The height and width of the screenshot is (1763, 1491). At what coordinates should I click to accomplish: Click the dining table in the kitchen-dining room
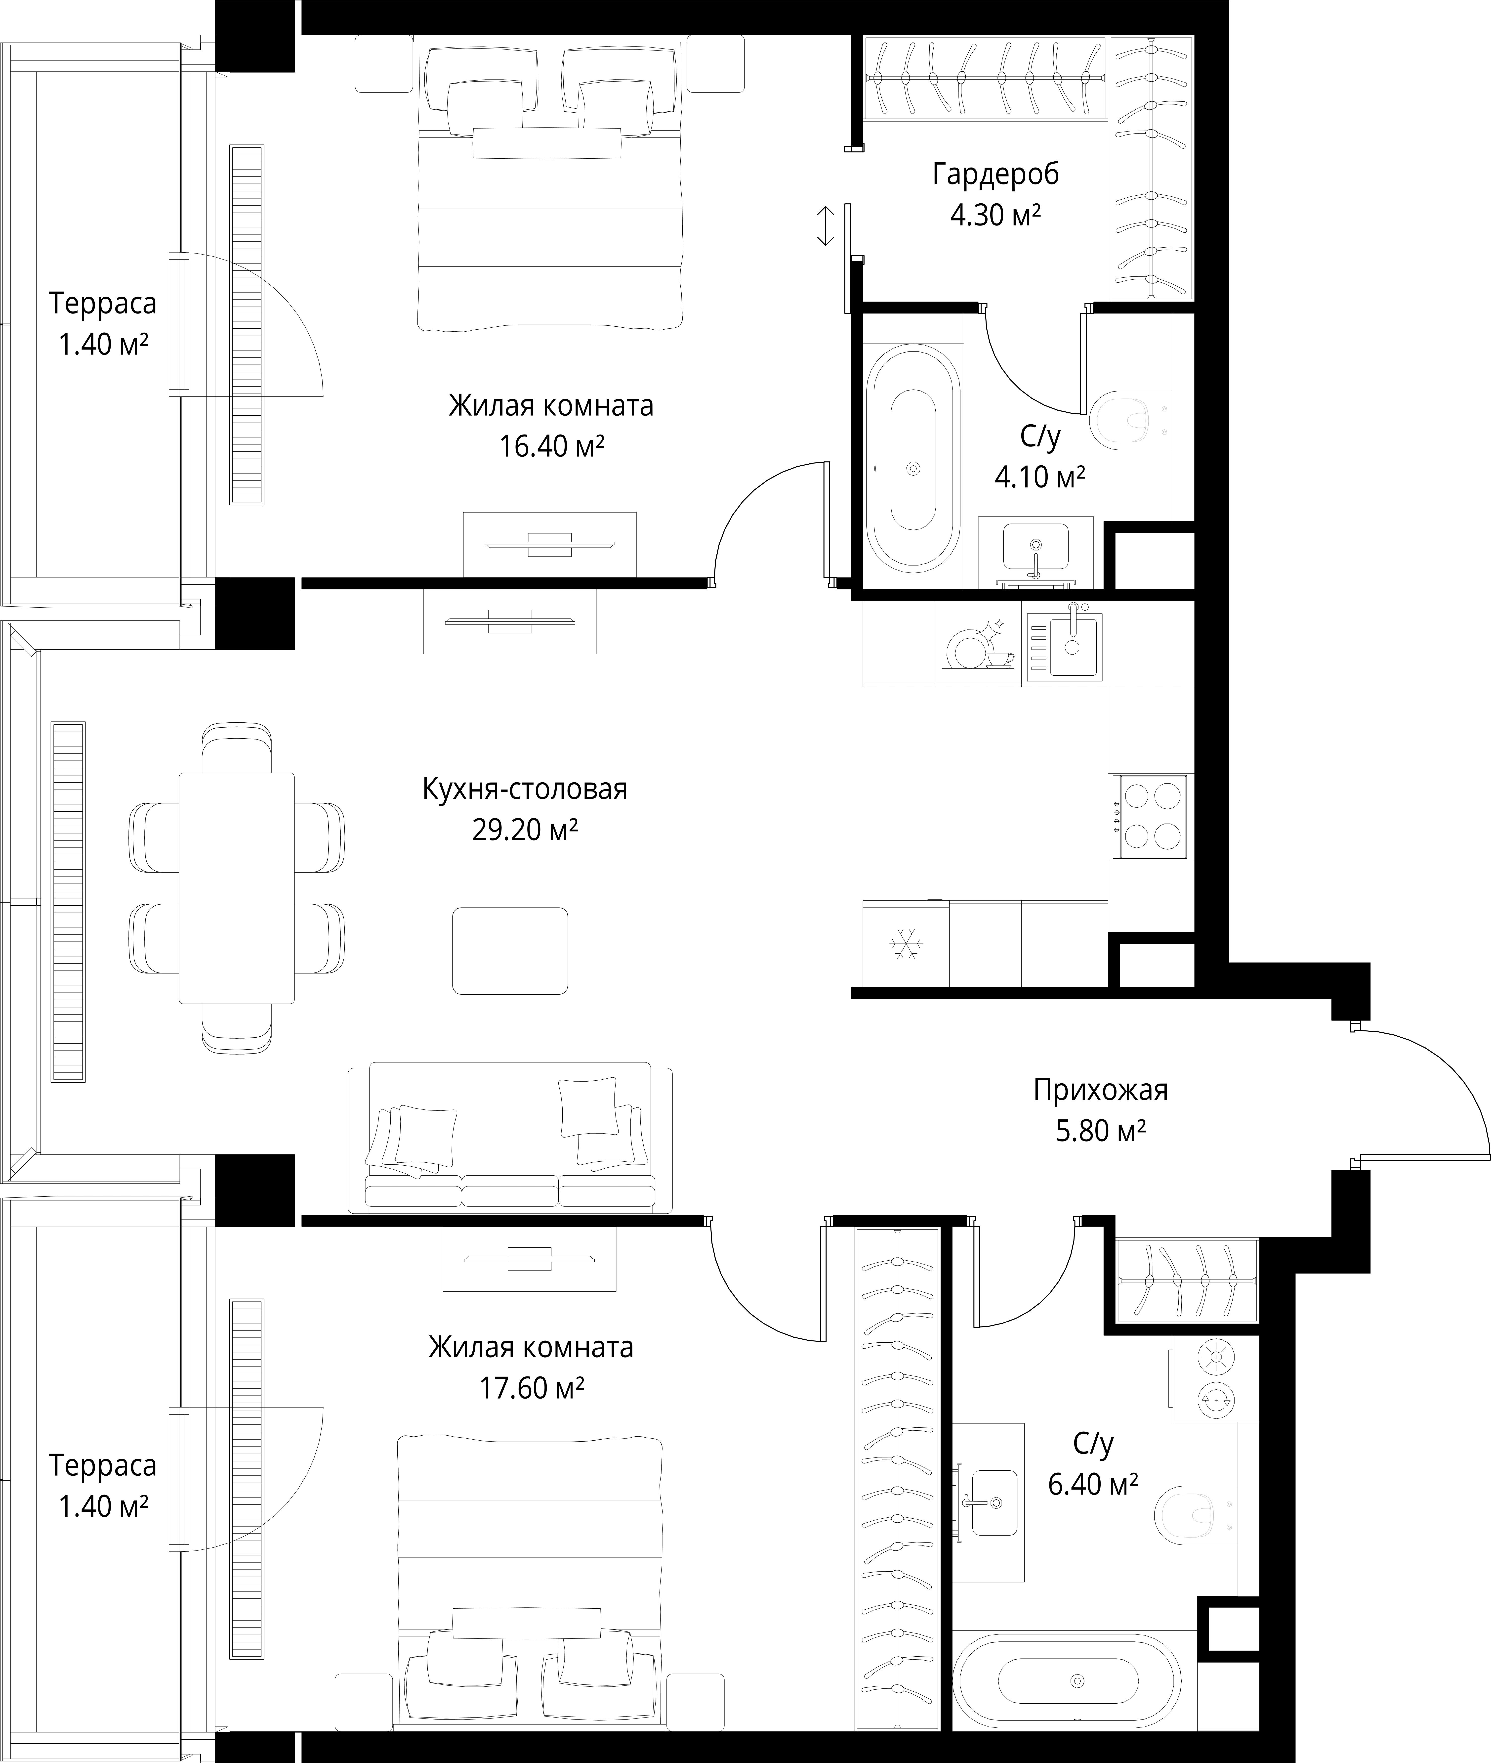(237, 888)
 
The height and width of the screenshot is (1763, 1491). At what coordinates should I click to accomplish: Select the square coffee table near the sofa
(510, 950)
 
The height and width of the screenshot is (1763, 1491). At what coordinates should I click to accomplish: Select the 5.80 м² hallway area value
(1101, 1131)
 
